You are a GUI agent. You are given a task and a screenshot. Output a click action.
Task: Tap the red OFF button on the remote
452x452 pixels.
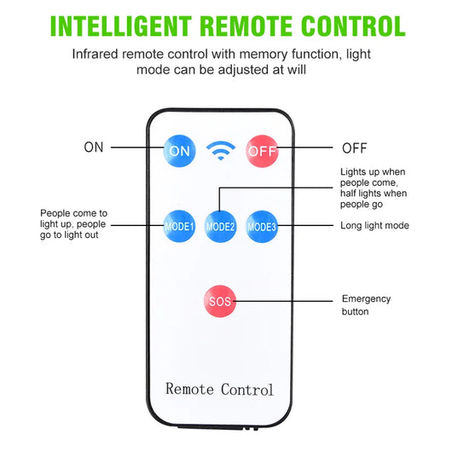(262, 151)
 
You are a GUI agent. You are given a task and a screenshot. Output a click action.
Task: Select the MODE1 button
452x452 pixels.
(179, 226)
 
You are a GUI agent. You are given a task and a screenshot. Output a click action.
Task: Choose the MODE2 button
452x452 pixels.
(220, 227)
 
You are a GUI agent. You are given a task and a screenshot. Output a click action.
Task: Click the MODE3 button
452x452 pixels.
(262, 227)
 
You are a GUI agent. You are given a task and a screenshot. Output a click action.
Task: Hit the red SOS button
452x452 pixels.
(220, 301)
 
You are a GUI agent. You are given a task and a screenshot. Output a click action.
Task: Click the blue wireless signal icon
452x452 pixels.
(221, 150)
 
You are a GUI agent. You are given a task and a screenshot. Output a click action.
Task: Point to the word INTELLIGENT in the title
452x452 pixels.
(121, 26)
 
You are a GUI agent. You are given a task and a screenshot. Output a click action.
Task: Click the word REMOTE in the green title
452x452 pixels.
(246, 26)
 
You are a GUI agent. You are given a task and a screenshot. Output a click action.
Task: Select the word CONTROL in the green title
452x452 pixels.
(353, 26)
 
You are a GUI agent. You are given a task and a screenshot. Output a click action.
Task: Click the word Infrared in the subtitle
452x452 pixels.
(96, 55)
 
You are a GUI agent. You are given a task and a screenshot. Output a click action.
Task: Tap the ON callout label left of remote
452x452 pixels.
(94, 148)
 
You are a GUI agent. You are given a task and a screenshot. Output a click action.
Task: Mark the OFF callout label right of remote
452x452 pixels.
(355, 148)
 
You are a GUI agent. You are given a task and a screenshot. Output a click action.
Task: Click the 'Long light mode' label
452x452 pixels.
(374, 225)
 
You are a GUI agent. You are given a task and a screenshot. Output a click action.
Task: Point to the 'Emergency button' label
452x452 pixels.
(366, 305)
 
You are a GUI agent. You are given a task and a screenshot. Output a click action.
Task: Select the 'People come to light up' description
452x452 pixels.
(73, 224)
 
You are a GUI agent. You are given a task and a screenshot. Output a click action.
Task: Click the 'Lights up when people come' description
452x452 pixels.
(374, 188)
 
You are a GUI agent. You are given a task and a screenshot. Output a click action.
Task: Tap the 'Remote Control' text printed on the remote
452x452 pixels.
(219, 389)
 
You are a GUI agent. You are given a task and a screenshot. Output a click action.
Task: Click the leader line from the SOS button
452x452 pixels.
(283, 301)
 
